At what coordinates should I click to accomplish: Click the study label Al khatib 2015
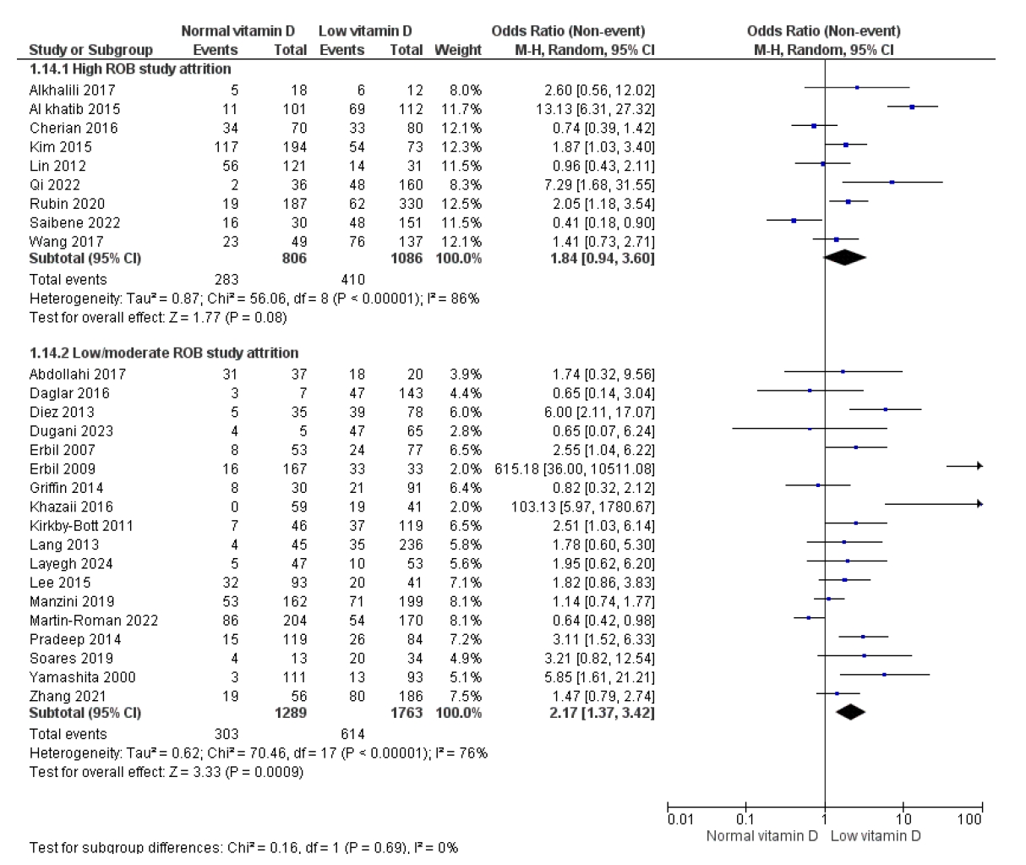(x=74, y=109)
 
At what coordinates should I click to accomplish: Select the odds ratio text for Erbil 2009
(x=576, y=469)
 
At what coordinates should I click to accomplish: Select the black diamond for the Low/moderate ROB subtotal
(x=850, y=713)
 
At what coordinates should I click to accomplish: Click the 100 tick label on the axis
(x=970, y=819)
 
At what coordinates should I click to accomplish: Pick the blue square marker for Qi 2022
(x=892, y=182)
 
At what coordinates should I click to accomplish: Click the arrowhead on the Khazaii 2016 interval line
(x=979, y=504)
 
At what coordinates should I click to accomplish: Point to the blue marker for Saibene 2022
(x=794, y=221)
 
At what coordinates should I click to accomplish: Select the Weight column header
(x=457, y=50)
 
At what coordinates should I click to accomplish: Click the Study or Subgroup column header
(x=90, y=50)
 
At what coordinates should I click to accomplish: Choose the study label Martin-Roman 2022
(x=93, y=621)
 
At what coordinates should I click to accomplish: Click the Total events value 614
(x=352, y=734)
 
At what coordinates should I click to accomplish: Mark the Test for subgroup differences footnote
(x=243, y=847)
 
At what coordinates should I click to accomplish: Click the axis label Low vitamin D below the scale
(x=876, y=836)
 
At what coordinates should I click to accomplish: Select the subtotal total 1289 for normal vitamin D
(x=290, y=713)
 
